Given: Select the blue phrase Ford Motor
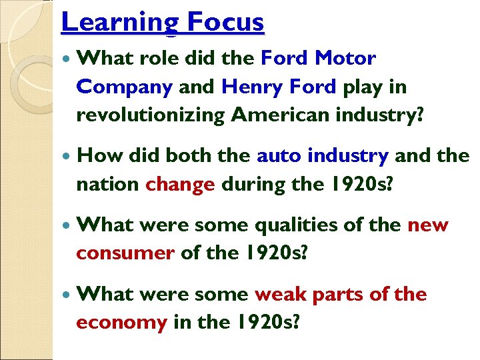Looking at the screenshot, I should pyautogui.click(x=318, y=58).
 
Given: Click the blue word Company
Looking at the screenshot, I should pyautogui.click(x=125, y=87).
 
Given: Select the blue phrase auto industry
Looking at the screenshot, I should pyautogui.click(x=323, y=156).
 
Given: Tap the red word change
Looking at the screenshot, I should pyautogui.click(x=180, y=185).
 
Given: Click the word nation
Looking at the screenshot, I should pyautogui.click(x=107, y=185).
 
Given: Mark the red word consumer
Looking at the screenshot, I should pyautogui.click(x=125, y=253).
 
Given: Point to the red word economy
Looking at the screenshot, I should pyautogui.click(x=121, y=323).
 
